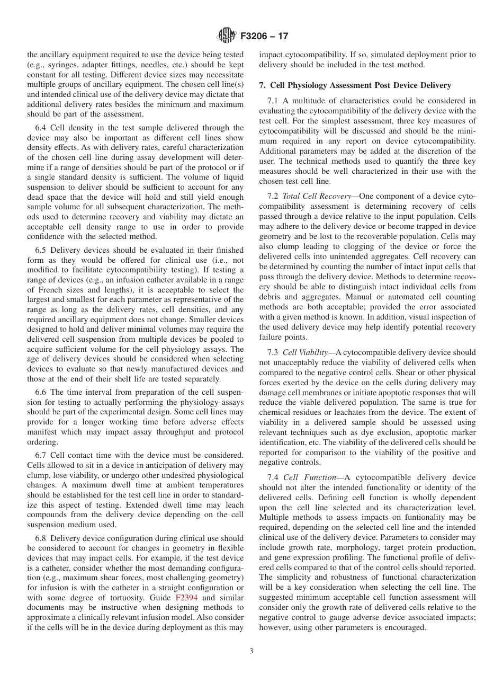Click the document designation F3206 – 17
pyautogui.click(x=264, y=37)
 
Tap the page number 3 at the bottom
pyautogui.click(x=251, y=651)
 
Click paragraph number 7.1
pyautogui.click(x=274, y=101)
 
